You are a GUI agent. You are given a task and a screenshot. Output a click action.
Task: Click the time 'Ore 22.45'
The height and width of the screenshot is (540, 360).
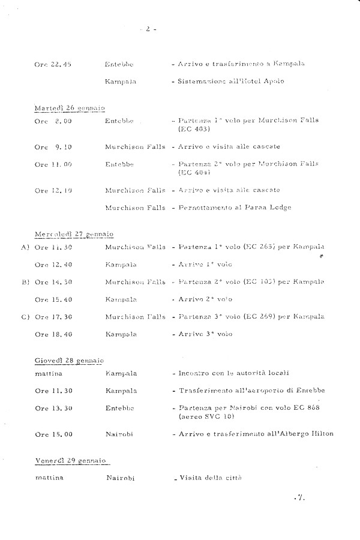(x=53, y=64)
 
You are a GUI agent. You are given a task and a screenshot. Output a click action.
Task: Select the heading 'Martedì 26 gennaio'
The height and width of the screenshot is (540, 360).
(x=69, y=107)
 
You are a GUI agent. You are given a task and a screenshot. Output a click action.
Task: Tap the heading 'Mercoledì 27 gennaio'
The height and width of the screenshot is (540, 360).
(x=73, y=233)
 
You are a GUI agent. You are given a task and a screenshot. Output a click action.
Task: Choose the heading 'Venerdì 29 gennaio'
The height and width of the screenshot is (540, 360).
(x=70, y=460)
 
